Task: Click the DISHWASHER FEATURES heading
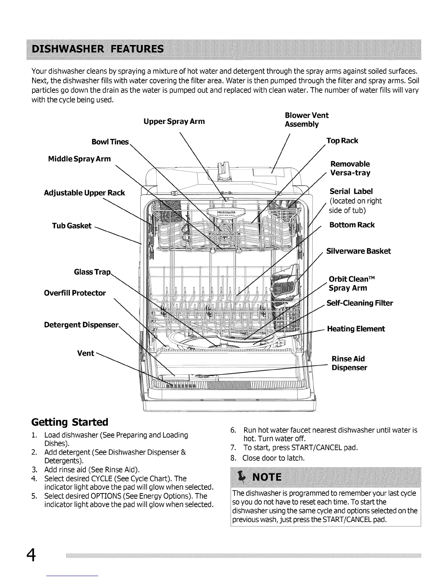(98, 49)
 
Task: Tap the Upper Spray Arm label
(174, 121)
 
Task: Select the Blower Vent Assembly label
(306, 120)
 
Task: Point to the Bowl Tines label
(110, 142)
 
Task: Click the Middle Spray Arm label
(79, 159)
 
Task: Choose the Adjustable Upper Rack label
(84, 193)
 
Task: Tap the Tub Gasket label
(72, 226)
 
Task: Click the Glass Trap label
(92, 272)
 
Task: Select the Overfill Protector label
(75, 293)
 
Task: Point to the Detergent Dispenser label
(81, 325)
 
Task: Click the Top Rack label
(342, 141)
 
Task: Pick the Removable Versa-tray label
(350, 169)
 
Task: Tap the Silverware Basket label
(358, 251)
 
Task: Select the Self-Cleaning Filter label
(360, 303)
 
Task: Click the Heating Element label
(356, 329)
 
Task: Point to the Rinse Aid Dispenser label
(349, 363)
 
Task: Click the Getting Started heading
(70, 422)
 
